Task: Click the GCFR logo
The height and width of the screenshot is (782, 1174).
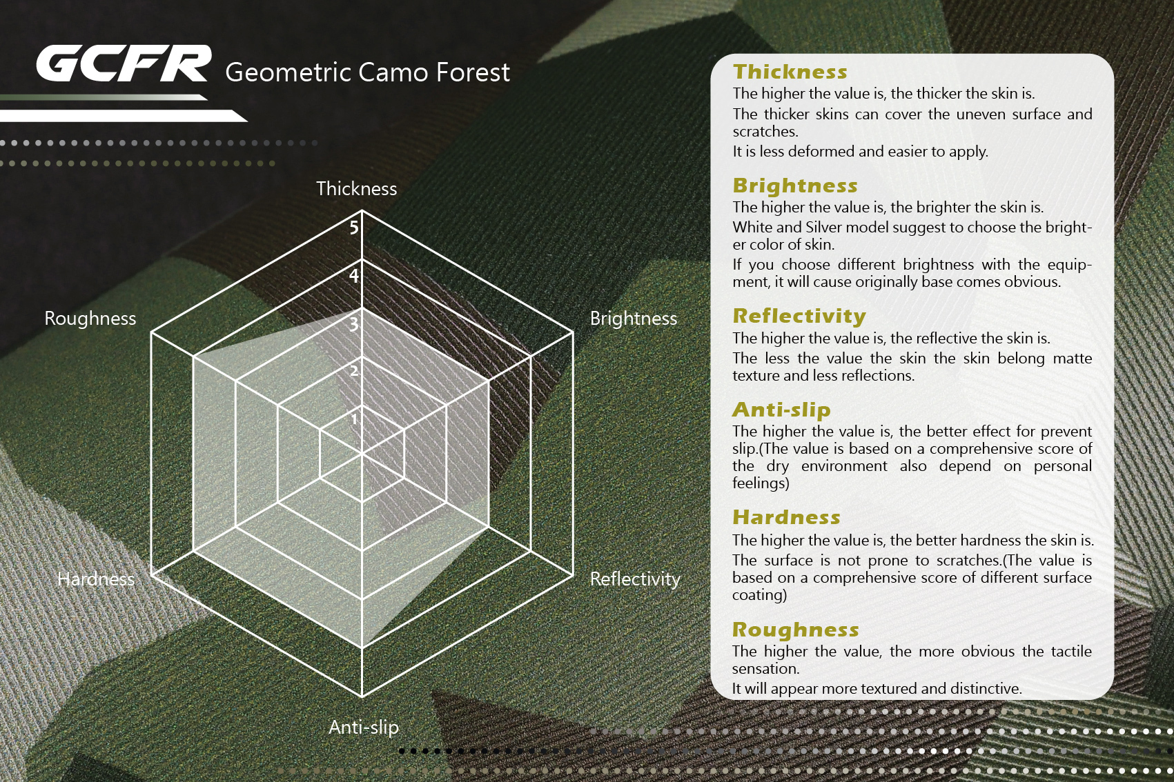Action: click(x=124, y=63)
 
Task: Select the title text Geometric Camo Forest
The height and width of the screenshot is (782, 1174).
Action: click(x=367, y=72)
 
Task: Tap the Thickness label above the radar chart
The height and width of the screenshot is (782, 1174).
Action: click(x=356, y=188)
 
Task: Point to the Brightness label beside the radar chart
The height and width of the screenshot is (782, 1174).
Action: click(x=634, y=319)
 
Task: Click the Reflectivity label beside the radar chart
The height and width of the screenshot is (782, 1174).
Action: click(x=635, y=579)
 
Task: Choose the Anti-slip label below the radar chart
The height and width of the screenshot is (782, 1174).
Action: click(x=364, y=727)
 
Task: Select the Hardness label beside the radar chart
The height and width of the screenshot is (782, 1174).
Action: click(x=96, y=579)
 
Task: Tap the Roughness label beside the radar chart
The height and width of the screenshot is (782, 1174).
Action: click(x=90, y=319)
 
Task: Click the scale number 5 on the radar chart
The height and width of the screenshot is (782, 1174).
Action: click(x=354, y=228)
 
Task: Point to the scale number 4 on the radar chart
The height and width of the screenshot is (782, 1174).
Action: click(x=354, y=276)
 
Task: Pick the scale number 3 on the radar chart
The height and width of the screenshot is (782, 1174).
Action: click(x=354, y=324)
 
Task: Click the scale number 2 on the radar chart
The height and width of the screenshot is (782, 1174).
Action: click(x=354, y=371)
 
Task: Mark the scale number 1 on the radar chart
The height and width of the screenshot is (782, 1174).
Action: click(x=354, y=419)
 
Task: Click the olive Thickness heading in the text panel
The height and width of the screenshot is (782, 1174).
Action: click(x=790, y=72)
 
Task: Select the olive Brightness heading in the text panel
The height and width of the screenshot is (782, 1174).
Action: click(x=795, y=186)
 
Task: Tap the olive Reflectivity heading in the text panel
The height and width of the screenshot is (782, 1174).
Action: click(x=799, y=316)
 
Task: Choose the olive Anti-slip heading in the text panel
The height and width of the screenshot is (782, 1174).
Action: click(x=781, y=410)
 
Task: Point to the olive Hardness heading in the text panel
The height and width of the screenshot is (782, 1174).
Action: click(x=786, y=517)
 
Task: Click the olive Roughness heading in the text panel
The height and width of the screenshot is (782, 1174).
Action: click(x=796, y=630)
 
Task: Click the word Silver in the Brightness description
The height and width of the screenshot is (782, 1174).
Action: click(x=824, y=228)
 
